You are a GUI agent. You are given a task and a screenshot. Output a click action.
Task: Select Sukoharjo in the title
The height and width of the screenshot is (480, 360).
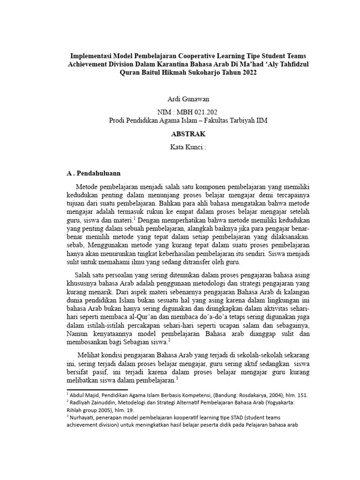click(207, 73)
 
